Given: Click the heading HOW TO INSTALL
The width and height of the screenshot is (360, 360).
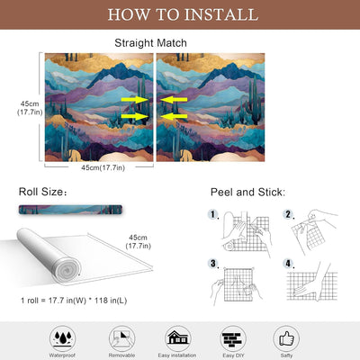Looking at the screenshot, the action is [183, 14].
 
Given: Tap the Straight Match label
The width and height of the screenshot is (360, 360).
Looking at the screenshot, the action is [150, 43].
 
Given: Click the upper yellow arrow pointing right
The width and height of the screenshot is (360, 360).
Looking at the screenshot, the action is [135, 100].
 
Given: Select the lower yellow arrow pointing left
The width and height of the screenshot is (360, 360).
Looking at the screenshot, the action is [174, 116].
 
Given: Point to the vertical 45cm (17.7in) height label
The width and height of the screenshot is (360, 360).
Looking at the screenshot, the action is [30, 108].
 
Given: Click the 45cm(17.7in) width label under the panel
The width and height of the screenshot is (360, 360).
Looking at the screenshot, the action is [103, 167].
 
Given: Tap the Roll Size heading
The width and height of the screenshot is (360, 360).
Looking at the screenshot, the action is [42, 192].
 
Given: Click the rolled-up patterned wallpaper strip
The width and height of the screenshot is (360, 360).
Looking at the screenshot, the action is [70, 210].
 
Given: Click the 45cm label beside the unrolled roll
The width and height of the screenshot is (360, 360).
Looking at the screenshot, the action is [138, 241].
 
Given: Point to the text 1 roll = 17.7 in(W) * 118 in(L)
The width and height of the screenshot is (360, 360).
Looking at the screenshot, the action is [74, 301].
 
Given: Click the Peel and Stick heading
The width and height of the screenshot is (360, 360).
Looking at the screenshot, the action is [247, 192].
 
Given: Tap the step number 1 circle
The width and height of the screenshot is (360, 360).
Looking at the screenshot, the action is [212, 214].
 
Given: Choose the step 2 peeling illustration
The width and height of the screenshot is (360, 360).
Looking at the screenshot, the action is [313, 231].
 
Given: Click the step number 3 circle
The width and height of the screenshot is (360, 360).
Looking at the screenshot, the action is [212, 264].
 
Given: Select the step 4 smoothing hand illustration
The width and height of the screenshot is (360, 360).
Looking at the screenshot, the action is [312, 282].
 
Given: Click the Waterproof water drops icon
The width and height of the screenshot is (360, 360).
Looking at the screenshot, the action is [62, 338].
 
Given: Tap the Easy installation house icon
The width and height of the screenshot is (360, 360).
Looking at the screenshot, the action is [177, 338].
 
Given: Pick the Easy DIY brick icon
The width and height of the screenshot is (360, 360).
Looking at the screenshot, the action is [233, 338].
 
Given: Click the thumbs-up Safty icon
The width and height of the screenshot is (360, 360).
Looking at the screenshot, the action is [286, 338].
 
